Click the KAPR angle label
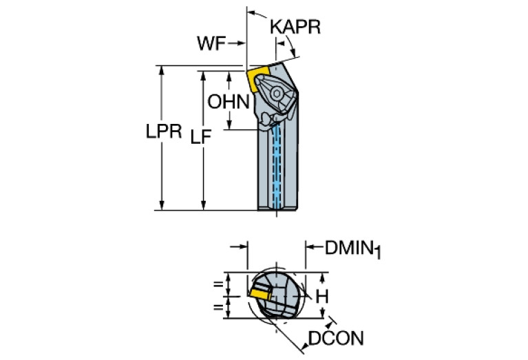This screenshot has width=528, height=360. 295,26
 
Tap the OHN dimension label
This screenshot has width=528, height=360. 227,103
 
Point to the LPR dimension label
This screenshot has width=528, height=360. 162,133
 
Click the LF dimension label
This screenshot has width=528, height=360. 200,138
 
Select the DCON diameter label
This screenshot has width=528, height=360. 335,338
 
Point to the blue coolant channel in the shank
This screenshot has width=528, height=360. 278,165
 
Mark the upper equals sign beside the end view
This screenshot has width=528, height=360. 218,283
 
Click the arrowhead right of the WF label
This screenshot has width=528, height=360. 242,43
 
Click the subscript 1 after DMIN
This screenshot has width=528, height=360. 377,254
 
